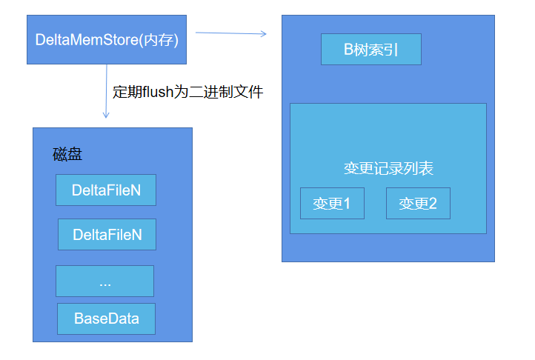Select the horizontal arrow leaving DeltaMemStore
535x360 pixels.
tap(230, 33)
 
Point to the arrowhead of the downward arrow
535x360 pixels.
tap(107, 116)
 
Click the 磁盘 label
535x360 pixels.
tap(67, 154)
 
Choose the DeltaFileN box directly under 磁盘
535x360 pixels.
tap(106, 190)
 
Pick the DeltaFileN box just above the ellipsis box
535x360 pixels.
tap(107, 235)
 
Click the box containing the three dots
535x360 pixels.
tap(104, 281)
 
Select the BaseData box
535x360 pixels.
tap(106, 319)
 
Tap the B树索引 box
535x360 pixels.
tap(370, 50)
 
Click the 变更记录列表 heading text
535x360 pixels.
tap(388, 168)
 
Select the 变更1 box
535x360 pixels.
tap(332, 204)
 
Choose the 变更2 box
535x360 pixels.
tap(418, 204)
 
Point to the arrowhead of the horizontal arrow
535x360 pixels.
tap(264, 33)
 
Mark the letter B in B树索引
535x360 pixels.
tap(348, 50)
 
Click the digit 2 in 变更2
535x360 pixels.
tap(433, 204)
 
